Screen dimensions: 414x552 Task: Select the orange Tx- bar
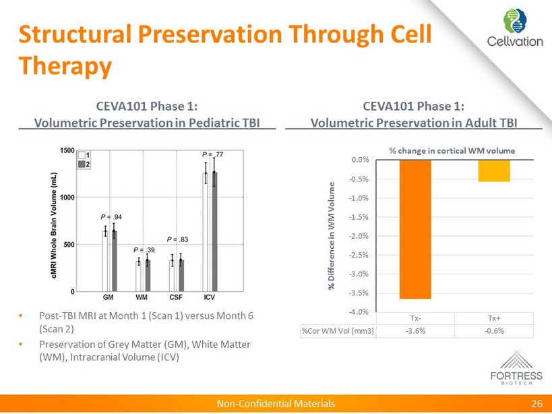pos(415,229)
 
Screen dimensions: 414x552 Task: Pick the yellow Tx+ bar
pos(494,171)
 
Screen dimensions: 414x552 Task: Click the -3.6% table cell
pos(415,330)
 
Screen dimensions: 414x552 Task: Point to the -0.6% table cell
pos(494,330)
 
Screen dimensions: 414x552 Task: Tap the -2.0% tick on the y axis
pos(359,236)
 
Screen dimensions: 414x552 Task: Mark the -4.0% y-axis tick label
pos(359,312)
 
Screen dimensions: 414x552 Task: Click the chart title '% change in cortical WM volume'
pos(452,149)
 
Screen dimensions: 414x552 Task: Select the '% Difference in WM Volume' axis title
pos(332,235)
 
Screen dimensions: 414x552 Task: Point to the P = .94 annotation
pos(111,216)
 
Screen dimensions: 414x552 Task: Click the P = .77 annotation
pos(214,154)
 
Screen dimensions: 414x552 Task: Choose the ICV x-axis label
pos(210,297)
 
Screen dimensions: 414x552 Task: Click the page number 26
pos(536,403)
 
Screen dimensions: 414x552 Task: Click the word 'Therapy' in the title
pos(65,65)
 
